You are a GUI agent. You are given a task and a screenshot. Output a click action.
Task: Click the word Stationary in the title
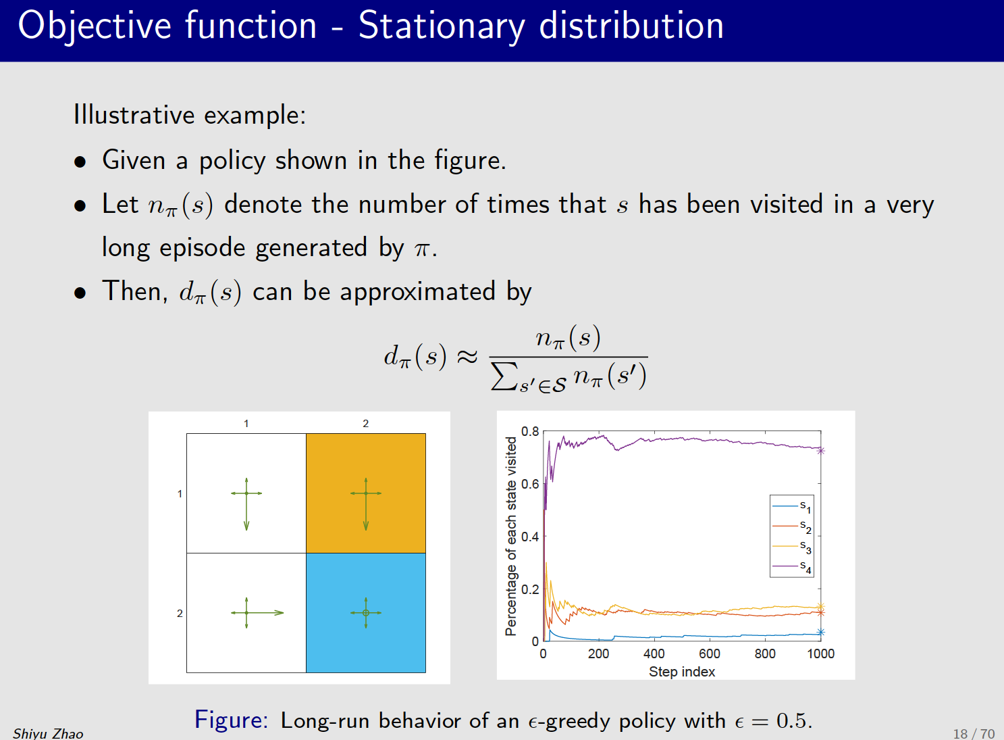click(x=441, y=27)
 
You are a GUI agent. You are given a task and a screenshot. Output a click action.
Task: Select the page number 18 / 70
click(x=973, y=733)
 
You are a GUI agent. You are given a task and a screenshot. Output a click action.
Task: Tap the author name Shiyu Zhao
click(x=48, y=733)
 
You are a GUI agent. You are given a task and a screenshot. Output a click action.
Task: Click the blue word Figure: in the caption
click(x=231, y=720)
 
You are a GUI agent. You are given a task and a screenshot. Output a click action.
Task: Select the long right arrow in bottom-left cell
click(x=267, y=613)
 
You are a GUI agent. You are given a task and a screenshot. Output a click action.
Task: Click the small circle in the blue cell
click(x=366, y=613)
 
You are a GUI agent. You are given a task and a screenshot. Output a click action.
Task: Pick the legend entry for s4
click(x=792, y=566)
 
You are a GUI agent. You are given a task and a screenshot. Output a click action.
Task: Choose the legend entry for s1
click(x=792, y=506)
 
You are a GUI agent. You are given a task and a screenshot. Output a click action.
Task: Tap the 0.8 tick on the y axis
click(x=530, y=432)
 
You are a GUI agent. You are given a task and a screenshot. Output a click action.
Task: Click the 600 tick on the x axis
click(x=709, y=653)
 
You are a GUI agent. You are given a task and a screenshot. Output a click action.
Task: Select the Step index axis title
click(x=682, y=672)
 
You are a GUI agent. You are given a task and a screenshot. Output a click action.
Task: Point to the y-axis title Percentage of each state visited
click(x=511, y=536)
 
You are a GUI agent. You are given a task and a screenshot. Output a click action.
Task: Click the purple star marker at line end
click(x=821, y=450)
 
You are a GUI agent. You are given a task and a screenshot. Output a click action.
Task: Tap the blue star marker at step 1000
click(x=821, y=633)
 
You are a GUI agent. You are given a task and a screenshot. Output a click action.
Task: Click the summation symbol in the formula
click(x=504, y=376)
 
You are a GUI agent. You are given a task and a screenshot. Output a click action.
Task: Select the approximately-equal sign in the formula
click(x=467, y=357)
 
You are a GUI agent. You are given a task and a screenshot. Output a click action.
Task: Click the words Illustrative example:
click(x=190, y=115)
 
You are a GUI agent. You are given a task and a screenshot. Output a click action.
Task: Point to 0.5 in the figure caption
click(x=792, y=720)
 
